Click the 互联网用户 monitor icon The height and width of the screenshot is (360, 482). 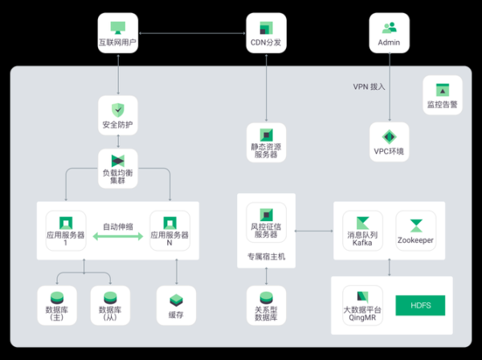pos(119,27)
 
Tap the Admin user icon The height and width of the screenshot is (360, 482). pos(389,27)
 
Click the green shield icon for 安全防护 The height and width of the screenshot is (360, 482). pos(118,108)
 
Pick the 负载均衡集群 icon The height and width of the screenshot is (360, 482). pos(118,157)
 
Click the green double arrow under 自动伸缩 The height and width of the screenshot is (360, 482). pos(117,236)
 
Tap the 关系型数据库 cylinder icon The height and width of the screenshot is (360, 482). pos(266,296)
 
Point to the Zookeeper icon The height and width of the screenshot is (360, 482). pos(416,225)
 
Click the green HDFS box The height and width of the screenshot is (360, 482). pos(419,305)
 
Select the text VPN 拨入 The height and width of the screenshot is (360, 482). pos(370,86)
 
